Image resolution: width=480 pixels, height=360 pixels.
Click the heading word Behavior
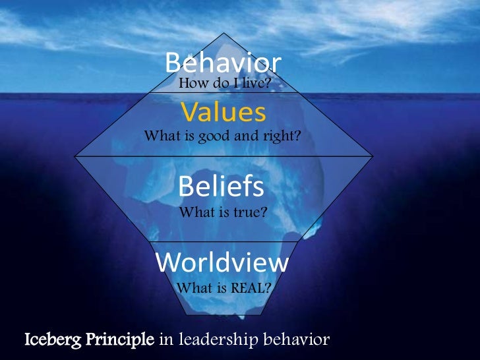tap(223, 63)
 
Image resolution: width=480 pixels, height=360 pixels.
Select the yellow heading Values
tap(223, 113)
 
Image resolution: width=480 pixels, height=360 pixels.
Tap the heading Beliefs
tap(222, 187)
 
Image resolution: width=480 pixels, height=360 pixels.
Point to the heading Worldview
tap(222, 263)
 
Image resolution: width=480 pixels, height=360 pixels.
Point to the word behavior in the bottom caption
tap(296, 341)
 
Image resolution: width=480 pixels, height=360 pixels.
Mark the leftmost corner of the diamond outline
tap(75, 157)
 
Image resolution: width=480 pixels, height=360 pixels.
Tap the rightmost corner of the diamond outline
tap(373, 157)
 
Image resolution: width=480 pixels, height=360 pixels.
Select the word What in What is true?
tap(195, 212)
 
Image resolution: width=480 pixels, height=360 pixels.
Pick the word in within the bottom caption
tap(167, 341)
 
